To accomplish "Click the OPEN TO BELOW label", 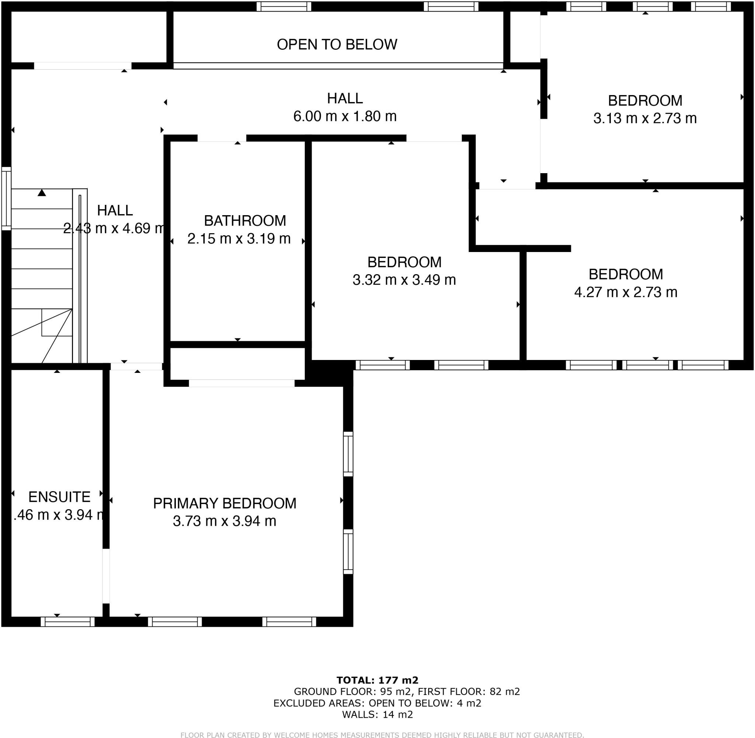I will point(337,45).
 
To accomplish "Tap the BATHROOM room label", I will point(245,221).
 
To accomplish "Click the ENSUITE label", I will point(59,497).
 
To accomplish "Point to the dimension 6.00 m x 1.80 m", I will point(345,116).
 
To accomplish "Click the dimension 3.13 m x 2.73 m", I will point(645,118).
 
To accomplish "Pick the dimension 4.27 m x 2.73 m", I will point(626,292).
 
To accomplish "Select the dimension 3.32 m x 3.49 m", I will point(404,280).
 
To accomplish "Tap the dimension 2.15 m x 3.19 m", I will point(239,238).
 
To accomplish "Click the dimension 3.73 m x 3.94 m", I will point(225,521).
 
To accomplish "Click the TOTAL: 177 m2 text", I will point(377,680).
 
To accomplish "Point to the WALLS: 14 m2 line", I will point(377,714).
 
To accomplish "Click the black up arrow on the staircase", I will point(42,193).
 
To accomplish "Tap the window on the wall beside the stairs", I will point(6,199).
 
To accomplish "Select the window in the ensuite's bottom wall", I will point(67,622).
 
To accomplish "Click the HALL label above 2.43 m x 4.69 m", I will point(115,210).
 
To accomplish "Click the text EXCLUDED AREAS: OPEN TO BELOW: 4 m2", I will point(377,703).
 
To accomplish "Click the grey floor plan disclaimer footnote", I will point(382,735).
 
